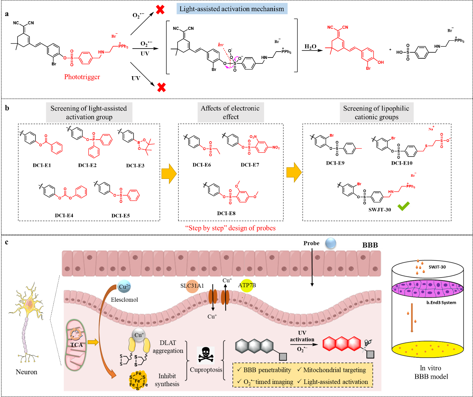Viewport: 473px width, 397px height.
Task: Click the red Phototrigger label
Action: pyautogui.click(x=82, y=77)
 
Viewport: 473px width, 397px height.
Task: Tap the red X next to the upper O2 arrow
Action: pyautogui.click(x=160, y=10)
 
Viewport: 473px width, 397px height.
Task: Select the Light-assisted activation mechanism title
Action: pyautogui.click(x=232, y=9)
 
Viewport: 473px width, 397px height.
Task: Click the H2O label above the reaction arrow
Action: pyautogui.click(x=310, y=47)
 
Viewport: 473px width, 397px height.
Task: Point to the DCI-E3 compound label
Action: pyautogui.click(x=135, y=165)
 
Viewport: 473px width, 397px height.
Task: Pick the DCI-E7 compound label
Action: pyautogui.click(x=250, y=165)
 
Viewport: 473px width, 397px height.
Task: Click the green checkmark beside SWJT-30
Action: pyautogui.click(x=404, y=206)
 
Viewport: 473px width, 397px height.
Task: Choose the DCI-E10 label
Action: pyautogui.click(x=402, y=163)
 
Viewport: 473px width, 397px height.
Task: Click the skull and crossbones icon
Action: pyautogui.click(x=206, y=355)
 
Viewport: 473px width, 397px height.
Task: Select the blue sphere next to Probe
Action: pyautogui.click(x=331, y=244)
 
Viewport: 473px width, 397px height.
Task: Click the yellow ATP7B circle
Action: pyautogui.click(x=247, y=286)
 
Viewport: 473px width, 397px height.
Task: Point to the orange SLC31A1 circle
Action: pyautogui.click(x=192, y=286)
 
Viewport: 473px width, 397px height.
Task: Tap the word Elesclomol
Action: pyautogui.click(x=124, y=300)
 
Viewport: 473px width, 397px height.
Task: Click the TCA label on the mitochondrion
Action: pyautogui.click(x=77, y=344)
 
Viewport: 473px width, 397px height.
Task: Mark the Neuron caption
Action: pyautogui.click(x=26, y=372)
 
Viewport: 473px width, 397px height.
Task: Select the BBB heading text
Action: pyautogui.click(x=370, y=245)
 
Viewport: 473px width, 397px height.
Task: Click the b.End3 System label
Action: pyautogui.click(x=441, y=303)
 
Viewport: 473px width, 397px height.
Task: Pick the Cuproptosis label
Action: pyautogui.click(x=206, y=370)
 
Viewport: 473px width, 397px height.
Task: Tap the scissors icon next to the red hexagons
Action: pyautogui.click(x=368, y=344)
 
